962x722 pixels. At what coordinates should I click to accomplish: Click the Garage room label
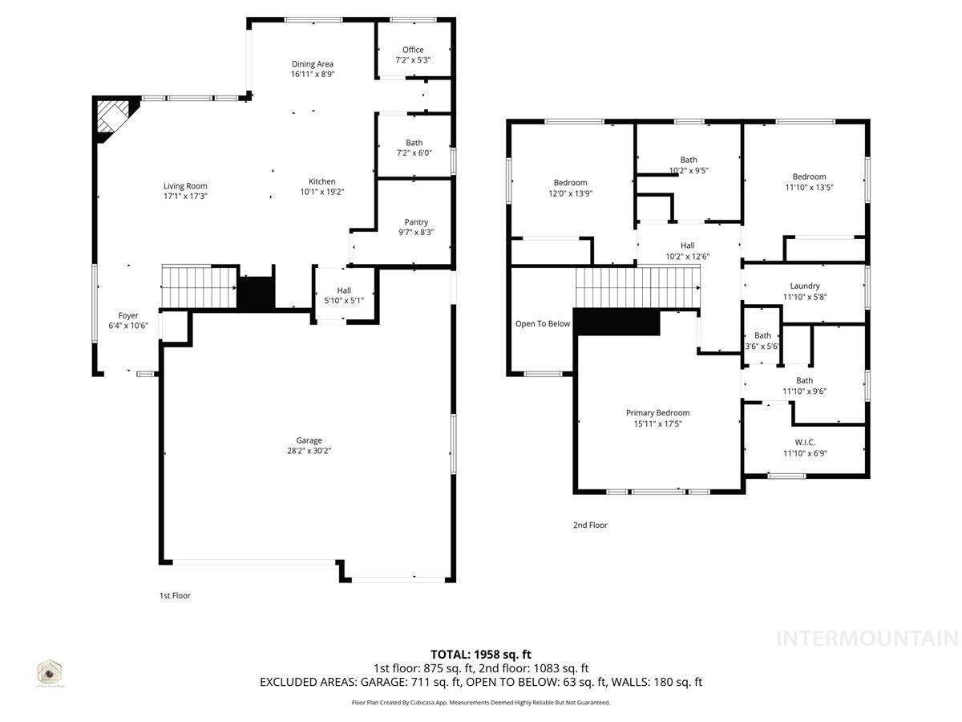[309, 440]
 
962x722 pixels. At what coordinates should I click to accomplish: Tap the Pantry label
[416, 222]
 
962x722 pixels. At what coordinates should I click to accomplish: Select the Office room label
[413, 50]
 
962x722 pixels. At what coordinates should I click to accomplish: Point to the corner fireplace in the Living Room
[110, 118]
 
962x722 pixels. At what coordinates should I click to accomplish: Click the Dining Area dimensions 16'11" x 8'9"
[313, 74]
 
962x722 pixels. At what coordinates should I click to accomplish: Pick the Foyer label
[128, 316]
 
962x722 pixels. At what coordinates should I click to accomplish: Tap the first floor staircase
[198, 286]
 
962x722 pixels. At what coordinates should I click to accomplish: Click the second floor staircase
[637, 287]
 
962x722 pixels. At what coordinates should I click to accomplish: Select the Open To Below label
[543, 324]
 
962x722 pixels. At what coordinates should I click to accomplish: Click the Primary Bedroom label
[657, 413]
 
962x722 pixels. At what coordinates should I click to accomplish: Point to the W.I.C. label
[805, 442]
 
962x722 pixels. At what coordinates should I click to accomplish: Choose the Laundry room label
[805, 286]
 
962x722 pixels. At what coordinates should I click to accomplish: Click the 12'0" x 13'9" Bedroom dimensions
[570, 193]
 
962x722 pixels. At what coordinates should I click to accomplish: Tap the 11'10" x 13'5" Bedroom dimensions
[809, 187]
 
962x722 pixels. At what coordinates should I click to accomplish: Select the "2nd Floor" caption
[590, 525]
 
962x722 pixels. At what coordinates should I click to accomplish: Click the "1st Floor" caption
[175, 596]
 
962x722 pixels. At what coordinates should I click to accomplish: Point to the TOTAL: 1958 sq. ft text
[481, 654]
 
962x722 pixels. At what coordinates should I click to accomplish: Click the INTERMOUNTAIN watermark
[867, 639]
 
